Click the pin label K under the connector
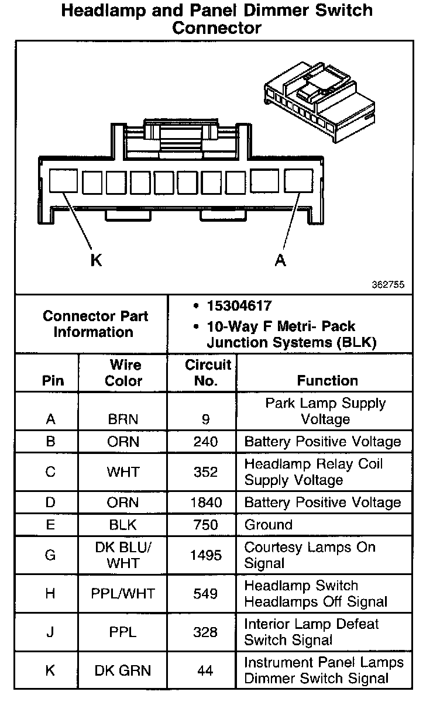[x=96, y=260]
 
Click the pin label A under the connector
[x=281, y=260]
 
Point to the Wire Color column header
[x=123, y=373]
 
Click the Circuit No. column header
[x=208, y=373]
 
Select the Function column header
[x=327, y=380]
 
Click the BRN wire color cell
[x=123, y=419]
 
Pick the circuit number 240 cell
[x=205, y=442]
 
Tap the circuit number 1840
[x=206, y=503]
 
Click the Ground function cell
[x=268, y=525]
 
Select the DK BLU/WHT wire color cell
[x=123, y=555]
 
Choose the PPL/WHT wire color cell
[x=123, y=594]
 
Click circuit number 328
[x=205, y=632]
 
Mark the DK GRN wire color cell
[x=123, y=670]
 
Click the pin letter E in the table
[x=50, y=525]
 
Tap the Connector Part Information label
[x=95, y=324]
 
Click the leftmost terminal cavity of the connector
[x=62, y=181]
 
